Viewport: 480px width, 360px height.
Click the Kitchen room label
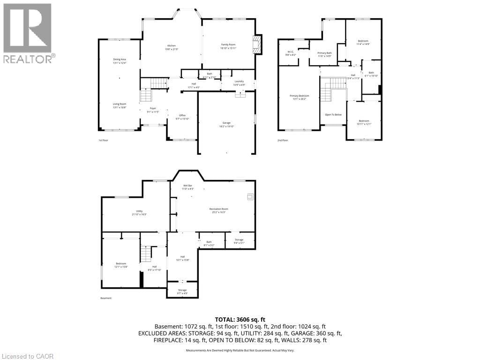click(171, 47)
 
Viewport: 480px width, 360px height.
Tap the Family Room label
click(228, 46)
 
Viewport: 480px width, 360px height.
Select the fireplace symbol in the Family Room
click(256, 45)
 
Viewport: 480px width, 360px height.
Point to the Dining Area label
click(119, 61)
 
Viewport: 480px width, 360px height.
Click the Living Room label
click(119, 105)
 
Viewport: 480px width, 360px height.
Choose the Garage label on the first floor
click(226, 124)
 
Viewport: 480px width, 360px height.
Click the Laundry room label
click(239, 83)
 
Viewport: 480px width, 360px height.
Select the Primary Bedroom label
click(298, 97)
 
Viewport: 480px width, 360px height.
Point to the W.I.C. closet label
click(291, 53)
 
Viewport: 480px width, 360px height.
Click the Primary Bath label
click(324, 54)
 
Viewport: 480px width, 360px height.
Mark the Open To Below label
click(333, 114)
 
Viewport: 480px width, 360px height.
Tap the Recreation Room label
click(218, 210)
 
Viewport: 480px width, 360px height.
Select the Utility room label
click(139, 212)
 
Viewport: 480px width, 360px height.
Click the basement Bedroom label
click(121, 265)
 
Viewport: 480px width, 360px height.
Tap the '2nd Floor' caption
click(282, 140)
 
